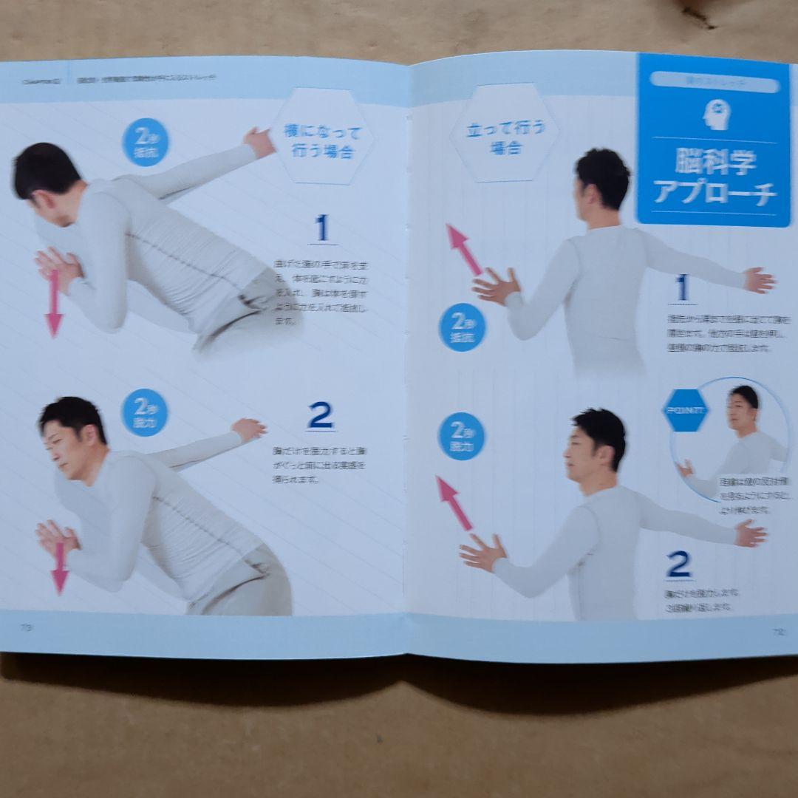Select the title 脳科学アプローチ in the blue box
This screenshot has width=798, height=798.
tap(715, 177)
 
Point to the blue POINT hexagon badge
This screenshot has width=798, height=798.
tap(685, 411)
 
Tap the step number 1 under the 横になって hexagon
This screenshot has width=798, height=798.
tap(321, 228)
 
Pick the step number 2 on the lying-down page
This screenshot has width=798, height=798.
tap(320, 416)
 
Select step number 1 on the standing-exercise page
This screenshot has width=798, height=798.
tap(681, 288)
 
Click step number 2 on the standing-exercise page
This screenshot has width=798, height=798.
tap(678, 565)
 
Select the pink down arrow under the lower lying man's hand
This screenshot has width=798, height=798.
tap(60, 569)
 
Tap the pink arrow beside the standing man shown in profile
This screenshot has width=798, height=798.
tap(454, 502)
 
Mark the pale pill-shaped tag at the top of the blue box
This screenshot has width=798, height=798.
tap(714, 84)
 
